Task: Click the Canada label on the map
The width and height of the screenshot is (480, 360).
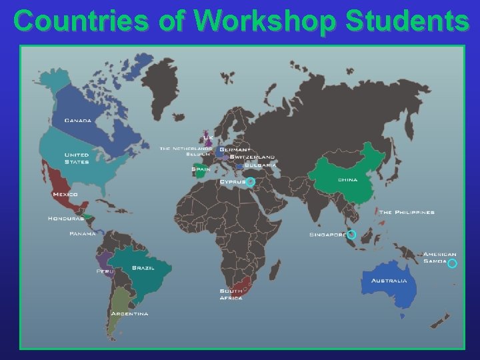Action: pyautogui.click(x=78, y=121)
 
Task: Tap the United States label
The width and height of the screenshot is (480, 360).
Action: pyautogui.click(x=77, y=158)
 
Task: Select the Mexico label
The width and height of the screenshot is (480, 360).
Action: pyautogui.click(x=65, y=194)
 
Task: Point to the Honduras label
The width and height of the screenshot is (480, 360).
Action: pyautogui.click(x=65, y=218)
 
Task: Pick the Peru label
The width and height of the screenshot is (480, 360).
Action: pyautogui.click(x=103, y=271)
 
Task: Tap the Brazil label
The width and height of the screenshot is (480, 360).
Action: pyautogui.click(x=143, y=267)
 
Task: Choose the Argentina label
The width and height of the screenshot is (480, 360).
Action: pyautogui.click(x=129, y=313)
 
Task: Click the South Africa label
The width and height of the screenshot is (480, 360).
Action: pyautogui.click(x=231, y=294)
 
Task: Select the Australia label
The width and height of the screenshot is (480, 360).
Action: pyautogui.click(x=389, y=281)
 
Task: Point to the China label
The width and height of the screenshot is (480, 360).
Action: pyautogui.click(x=347, y=180)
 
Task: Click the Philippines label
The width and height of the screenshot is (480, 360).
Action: pyautogui.click(x=407, y=212)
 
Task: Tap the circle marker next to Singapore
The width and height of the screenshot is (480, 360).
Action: pyautogui.click(x=351, y=235)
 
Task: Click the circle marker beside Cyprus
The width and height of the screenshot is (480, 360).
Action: pyautogui.click(x=251, y=181)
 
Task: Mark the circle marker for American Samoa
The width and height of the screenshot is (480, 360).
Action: pyautogui.click(x=452, y=263)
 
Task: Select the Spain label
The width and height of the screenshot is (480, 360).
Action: pyautogui.click(x=201, y=169)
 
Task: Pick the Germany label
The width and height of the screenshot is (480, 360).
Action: pyautogui.click(x=235, y=149)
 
